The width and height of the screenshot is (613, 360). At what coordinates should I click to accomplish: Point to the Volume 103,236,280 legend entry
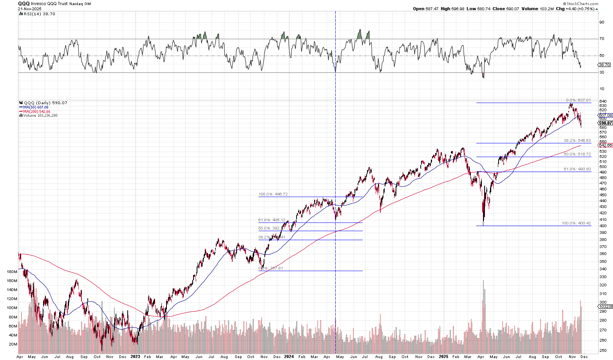click(x=40, y=116)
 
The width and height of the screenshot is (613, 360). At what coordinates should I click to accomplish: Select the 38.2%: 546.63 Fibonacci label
click(x=577, y=140)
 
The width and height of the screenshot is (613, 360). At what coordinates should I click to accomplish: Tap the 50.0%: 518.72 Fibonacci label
click(x=577, y=154)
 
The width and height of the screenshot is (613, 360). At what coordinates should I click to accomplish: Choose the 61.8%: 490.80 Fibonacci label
click(x=577, y=169)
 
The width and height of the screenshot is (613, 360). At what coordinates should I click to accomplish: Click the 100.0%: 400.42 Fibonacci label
click(x=576, y=223)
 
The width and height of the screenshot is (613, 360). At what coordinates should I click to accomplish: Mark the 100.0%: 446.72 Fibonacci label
click(x=273, y=194)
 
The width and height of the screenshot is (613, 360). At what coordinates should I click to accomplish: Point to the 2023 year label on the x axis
click(x=135, y=357)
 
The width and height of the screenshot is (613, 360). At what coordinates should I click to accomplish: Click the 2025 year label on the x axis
click(x=443, y=357)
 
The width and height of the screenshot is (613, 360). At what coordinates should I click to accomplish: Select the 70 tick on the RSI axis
click(x=602, y=39)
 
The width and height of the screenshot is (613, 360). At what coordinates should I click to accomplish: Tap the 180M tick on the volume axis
click(x=12, y=272)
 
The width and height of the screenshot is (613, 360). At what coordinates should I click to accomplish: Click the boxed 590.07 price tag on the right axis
click(x=606, y=123)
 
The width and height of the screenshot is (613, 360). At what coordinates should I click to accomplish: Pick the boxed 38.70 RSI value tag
click(x=604, y=65)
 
